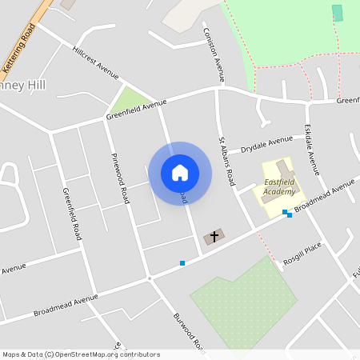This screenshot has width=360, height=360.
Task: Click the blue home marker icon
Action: click(x=179, y=173)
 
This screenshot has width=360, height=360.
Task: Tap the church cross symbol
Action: click(x=213, y=237)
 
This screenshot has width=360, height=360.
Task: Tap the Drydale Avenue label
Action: click(x=267, y=143)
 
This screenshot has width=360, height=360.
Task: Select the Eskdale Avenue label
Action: click(x=313, y=150)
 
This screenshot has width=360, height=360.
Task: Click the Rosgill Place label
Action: click(x=302, y=255)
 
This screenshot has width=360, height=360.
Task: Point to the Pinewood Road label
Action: click(x=119, y=178)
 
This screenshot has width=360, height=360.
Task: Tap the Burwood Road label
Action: click(x=190, y=332)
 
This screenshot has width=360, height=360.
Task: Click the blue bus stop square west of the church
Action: click(x=182, y=262)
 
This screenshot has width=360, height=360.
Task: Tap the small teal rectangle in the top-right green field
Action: click(x=337, y=13)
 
